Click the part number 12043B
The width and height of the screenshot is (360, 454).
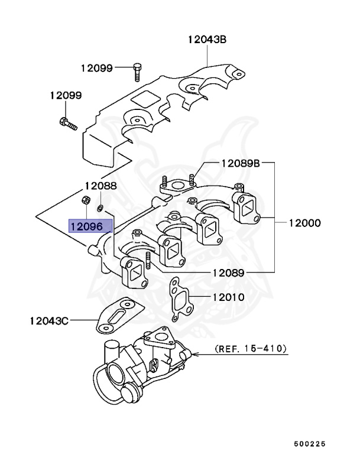click(x=207, y=40)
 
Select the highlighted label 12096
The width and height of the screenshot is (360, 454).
click(x=86, y=226)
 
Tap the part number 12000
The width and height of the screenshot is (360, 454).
click(x=304, y=223)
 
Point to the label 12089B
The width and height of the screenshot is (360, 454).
click(x=241, y=163)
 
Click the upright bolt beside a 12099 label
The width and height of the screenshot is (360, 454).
click(x=137, y=71)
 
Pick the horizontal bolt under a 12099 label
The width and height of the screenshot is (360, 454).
click(x=67, y=124)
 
